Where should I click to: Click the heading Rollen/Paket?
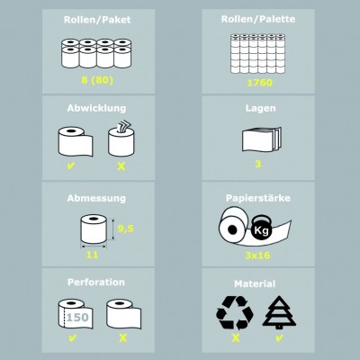[97, 20]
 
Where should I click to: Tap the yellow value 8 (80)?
[97, 80]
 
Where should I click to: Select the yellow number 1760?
[259, 83]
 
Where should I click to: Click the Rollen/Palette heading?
[258, 19]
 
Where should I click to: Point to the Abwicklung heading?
[96, 108]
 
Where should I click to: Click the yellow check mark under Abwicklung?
[71, 166]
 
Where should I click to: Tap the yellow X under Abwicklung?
[121, 166]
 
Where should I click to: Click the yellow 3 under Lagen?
[258, 164]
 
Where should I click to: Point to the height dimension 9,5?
[125, 229]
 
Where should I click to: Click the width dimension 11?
[93, 255]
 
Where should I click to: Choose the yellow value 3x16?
[257, 256]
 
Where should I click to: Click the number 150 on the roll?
[77, 317]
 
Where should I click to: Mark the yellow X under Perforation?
[122, 338]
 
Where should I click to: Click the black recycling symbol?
[235, 312]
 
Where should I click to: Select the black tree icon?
[279, 312]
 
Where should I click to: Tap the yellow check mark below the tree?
[279, 338]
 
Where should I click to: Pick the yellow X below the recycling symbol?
[236, 338]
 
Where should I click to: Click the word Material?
[255, 283]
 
